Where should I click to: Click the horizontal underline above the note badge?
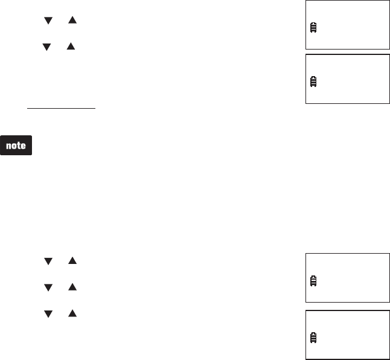coord(62,109)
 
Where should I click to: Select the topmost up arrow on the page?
coord(72,21)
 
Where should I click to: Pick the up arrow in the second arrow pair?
coord(71,46)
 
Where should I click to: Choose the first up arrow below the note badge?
coord(72,262)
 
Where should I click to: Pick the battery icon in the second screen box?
coord(313,82)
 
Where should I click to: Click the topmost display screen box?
coord(347,25)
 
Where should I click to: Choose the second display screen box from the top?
coord(347,79)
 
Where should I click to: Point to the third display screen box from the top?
coord(347,278)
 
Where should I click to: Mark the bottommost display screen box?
coord(347,335)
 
